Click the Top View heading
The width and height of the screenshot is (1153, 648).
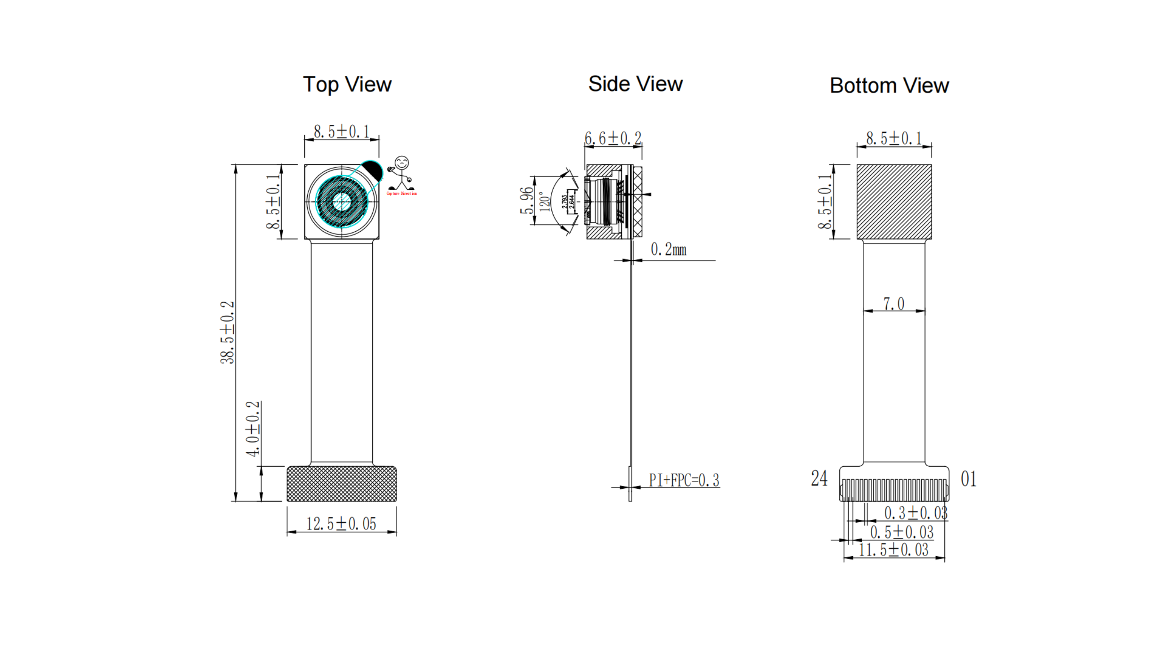(347, 85)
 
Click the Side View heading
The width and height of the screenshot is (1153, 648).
(635, 84)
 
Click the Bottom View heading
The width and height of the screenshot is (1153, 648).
(889, 86)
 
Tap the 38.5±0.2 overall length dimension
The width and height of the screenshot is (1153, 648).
(227, 332)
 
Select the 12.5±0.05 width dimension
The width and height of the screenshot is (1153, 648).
(341, 524)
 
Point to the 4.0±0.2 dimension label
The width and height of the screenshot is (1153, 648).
(253, 429)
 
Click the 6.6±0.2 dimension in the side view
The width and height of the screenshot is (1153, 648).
(613, 138)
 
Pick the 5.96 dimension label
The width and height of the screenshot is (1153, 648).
(526, 201)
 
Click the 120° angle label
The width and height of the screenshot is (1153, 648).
(544, 202)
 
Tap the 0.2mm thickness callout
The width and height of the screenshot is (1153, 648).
(668, 250)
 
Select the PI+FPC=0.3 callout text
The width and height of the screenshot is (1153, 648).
(684, 480)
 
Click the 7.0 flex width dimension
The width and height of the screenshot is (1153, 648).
(894, 304)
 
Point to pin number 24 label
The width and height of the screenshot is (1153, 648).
(819, 479)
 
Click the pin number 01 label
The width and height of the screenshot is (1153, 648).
(968, 479)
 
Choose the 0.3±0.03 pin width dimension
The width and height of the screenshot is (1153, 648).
(915, 513)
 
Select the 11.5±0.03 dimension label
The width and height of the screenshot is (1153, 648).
(893, 550)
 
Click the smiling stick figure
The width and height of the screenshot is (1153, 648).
(401, 172)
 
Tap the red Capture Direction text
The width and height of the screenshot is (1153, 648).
(401, 194)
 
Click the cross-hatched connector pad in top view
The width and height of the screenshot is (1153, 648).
(342, 484)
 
